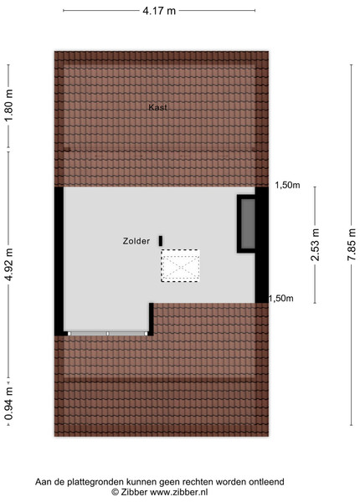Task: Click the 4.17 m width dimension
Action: click(x=159, y=11)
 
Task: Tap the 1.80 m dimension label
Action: click(x=10, y=105)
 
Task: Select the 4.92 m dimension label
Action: click(x=10, y=264)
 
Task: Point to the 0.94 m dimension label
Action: click(x=10, y=403)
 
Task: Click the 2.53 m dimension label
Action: click(x=316, y=244)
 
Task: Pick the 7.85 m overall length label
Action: click(x=352, y=244)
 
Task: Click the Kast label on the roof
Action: click(x=157, y=108)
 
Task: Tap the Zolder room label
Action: click(x=136, y=241)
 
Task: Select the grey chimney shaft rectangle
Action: click(x=248, y=223)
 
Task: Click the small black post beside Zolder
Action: click(x=161, y=241)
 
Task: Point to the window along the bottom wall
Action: click(x=108, y=334)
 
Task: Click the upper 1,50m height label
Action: click(x=287, y=185)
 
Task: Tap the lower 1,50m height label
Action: click(x=281, y=299)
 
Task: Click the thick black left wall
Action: click(x=59, y=261)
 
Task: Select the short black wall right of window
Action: click(x=152, y=319)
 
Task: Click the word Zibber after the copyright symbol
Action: click(x=134, y=492)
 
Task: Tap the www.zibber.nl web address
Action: click(x=179, y=492)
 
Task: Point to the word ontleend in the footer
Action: click(x=268, y=482)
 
